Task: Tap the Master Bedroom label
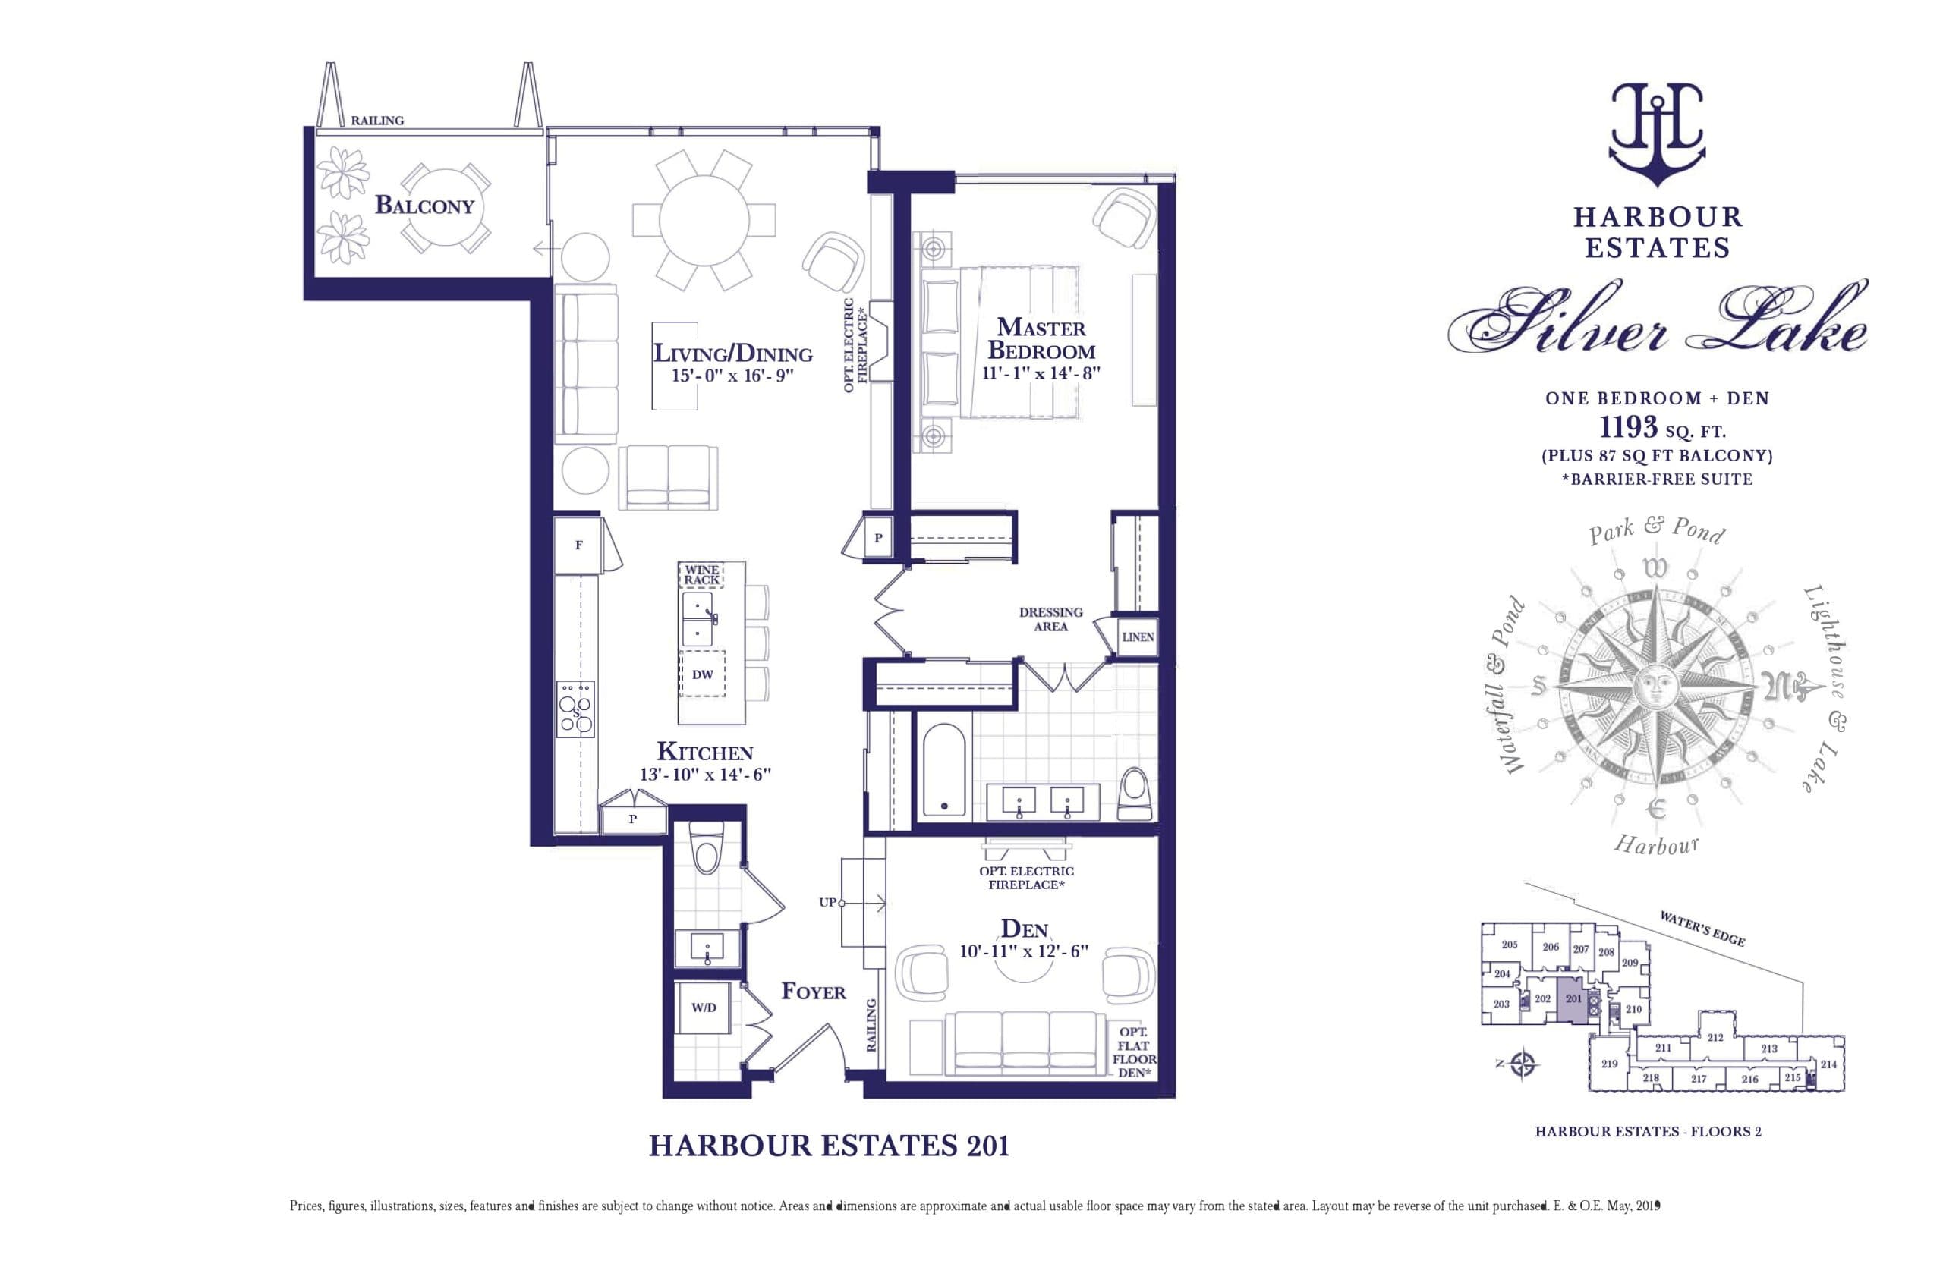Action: [x=1041, y=338]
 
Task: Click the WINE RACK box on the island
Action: [x=701, y=574]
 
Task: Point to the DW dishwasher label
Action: [x=702, y=674]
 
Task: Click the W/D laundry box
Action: [x=703, y=1008]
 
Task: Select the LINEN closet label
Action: [x=1137, y=637]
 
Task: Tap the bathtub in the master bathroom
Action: [x=943, y=770]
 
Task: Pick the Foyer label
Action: [x=813, y=991]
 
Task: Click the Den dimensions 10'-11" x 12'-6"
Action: [x=1024, y=951]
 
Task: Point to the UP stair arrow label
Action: [x=828, y=902]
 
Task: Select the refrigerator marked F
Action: [x=579, y=545]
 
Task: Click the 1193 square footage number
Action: [x=1628, y=427]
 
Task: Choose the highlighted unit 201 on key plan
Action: [x=1573, y=1003]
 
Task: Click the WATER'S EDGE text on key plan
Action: [x=1702, y=929]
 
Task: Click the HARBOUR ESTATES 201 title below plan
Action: [x=829, y=1146]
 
